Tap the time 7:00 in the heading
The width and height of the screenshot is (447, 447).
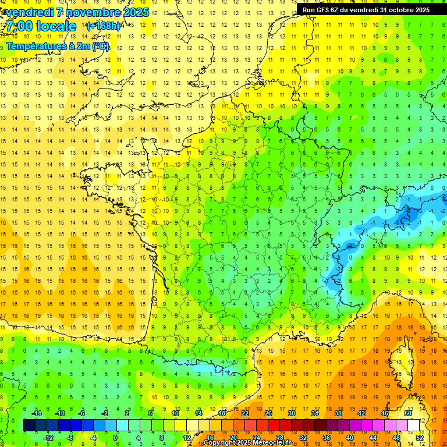22,26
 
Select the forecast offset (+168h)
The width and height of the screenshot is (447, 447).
104,26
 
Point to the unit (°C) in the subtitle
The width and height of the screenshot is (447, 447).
100,46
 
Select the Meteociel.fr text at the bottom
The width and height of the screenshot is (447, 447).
276,443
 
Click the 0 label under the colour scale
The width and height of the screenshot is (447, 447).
115,438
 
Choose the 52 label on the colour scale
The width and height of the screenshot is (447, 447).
420,438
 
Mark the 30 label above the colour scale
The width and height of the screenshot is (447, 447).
291,413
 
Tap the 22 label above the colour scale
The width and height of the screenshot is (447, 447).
245,413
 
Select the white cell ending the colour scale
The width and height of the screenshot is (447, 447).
414,425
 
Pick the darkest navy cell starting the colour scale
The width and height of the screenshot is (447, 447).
29,425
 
